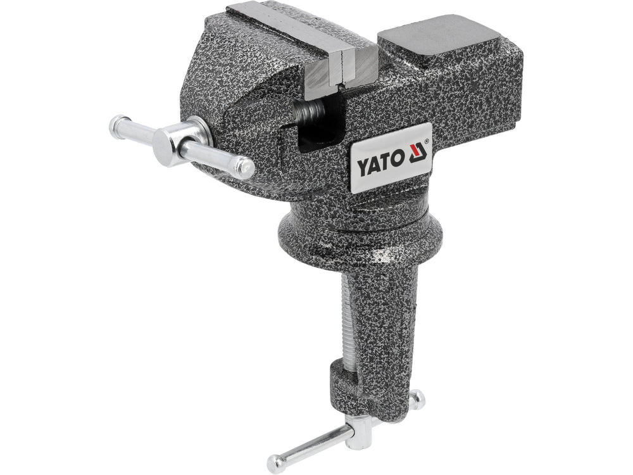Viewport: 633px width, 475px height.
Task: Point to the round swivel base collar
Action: [x=361, y=234]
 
